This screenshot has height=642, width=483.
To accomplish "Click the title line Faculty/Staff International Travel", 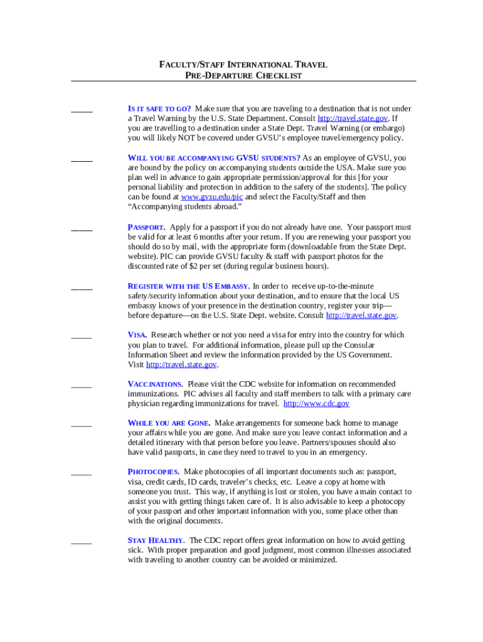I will click(243, 65).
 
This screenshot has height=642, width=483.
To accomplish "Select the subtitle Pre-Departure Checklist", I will click(243, 75).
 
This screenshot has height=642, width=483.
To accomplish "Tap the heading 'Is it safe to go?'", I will click(159, 108).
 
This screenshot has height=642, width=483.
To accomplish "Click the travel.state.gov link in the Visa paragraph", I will click(181, 365).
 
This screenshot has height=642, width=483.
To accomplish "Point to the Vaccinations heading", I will click(155, 384).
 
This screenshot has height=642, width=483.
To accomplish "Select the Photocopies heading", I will click(154, 471).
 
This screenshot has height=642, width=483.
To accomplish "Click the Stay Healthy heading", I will click(156, 540).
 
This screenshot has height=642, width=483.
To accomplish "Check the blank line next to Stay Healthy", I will click(82, 543).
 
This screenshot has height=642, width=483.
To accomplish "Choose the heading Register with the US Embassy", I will click(189, 287).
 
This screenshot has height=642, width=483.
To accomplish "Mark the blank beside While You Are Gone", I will click(82, 426).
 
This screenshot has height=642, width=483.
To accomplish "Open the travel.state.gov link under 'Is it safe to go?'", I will click(353, 118).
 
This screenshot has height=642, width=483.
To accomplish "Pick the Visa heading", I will click(137, 335).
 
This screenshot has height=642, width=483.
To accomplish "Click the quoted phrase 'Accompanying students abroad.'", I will click(184, 207).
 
